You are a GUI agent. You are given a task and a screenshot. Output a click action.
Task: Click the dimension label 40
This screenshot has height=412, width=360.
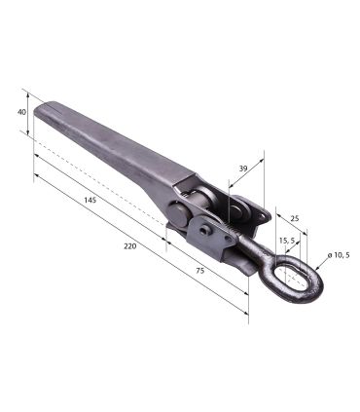(x=21, y=112)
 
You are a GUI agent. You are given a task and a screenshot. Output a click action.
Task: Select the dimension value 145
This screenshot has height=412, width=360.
(x=90, y=200)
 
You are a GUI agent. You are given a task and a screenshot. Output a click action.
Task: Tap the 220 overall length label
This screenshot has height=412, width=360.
(x=130, y=246)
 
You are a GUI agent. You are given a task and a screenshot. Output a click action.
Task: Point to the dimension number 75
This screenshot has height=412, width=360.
(x=200, y=271)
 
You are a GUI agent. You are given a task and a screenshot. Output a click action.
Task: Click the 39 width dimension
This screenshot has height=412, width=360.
(x=243, y=169)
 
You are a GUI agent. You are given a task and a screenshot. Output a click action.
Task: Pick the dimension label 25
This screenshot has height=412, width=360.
(x=294, y=218)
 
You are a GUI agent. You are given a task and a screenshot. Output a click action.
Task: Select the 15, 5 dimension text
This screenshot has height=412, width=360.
(x=287, y=241)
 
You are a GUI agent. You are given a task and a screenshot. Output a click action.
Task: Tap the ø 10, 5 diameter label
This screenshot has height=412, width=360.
(x=339, y=255)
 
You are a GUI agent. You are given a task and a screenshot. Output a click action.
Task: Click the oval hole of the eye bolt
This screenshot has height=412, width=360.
(x=291, y=276)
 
